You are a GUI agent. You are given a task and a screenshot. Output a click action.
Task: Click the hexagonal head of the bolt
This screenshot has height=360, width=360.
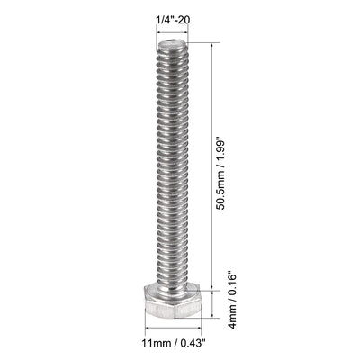click(x=177, y=305)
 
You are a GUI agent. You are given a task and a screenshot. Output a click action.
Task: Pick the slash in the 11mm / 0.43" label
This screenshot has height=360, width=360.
click(x=175, y=345)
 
